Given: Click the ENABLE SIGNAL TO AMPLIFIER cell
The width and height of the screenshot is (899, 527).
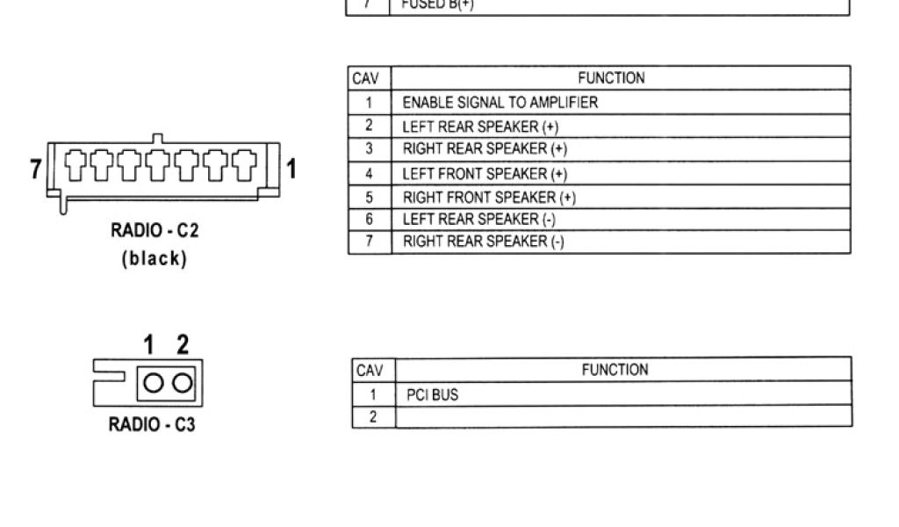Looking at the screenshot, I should tap(500, 103).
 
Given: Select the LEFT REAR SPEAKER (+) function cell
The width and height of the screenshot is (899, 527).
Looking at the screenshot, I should tap(482, 126).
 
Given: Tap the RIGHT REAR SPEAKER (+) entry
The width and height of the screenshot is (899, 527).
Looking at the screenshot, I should tap(485, 149).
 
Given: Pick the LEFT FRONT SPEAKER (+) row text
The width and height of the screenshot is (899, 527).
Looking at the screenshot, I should tap(485, 174).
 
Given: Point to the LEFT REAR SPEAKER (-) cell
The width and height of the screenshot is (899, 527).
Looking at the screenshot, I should tap(478, 220).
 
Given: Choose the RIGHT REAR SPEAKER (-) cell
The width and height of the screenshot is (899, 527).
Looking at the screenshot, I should tap(483, 242).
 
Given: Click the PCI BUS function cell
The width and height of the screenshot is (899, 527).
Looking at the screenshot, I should tap(432, 395).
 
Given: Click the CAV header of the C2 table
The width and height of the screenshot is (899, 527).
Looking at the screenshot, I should tap(366, 78).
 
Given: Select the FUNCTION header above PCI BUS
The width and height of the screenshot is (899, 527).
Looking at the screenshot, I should tap(615, 370).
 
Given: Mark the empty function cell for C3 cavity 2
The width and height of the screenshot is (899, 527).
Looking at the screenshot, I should tap(622, 416).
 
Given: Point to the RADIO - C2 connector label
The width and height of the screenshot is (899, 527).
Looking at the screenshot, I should tap(155, 231).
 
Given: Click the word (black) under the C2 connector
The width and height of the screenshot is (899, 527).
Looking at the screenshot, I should tap(155, 259).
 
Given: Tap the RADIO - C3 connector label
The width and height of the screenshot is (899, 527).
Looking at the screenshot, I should tap(152, 425).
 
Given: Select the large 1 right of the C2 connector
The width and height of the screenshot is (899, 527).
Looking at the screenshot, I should tap(291, 168).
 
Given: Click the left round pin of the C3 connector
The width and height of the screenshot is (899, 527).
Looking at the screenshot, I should tap(153, 383).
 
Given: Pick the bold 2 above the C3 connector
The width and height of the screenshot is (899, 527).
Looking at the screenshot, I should tap(183, 344).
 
